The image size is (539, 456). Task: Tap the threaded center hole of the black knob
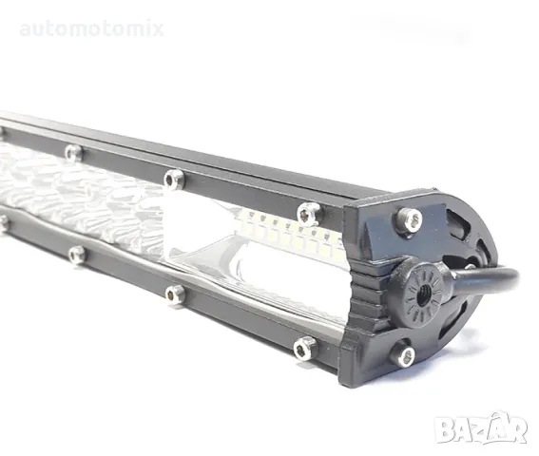419,290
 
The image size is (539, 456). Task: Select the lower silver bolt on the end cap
405,354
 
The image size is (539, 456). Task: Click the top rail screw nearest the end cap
308,214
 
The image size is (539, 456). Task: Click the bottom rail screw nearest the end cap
304,348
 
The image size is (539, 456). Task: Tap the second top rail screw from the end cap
173,178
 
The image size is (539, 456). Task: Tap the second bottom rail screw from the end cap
174,294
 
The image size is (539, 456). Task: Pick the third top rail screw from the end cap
74,152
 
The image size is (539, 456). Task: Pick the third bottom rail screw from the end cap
76,255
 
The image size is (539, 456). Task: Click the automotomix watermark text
92,28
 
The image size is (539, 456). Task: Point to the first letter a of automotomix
27,29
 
